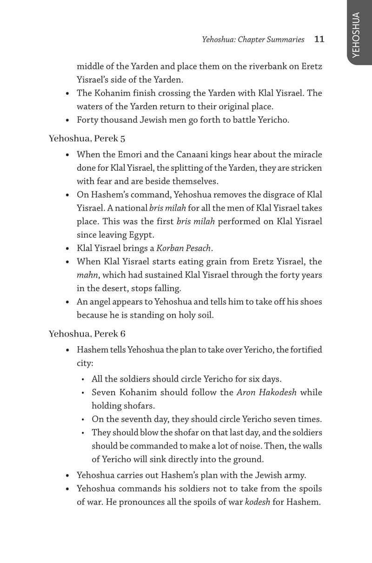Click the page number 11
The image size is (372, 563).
[x=319, y=40]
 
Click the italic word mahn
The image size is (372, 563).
[x=86, y=275]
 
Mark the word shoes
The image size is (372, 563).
[x=309, y=302]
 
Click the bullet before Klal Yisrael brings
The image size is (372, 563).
[x=68, y=248]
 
